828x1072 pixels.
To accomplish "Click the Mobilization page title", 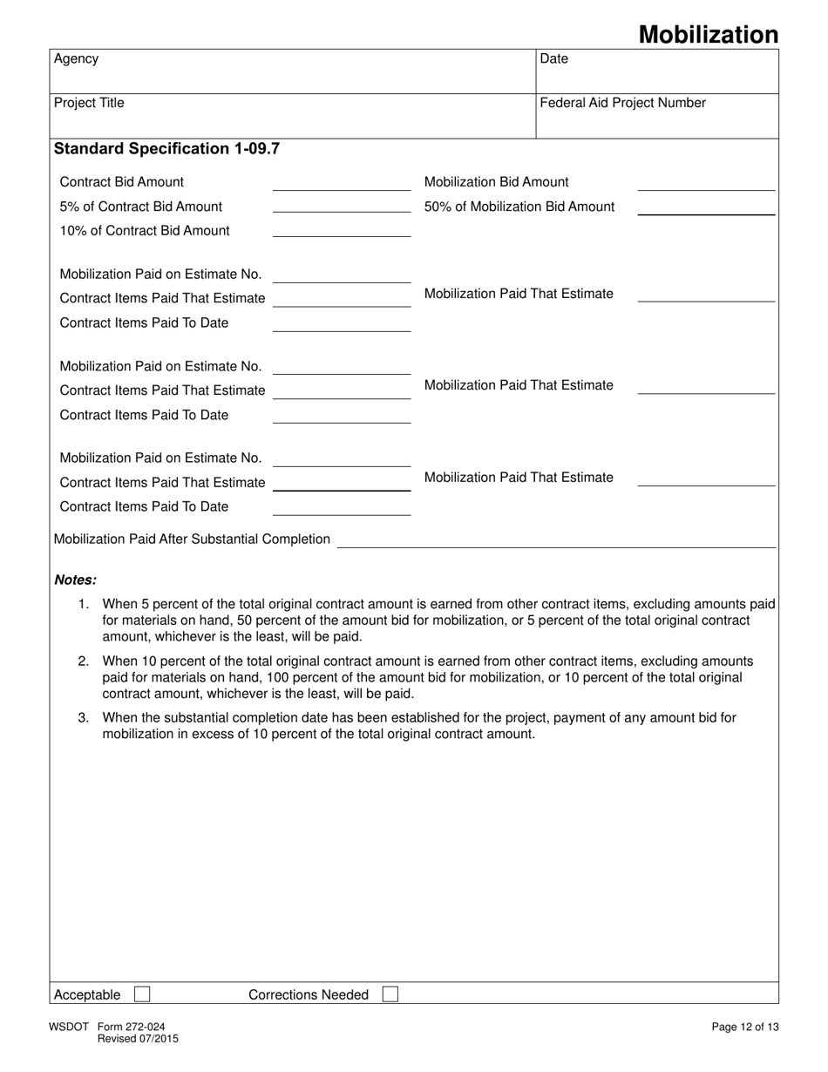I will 708,34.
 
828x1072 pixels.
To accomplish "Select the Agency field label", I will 76,59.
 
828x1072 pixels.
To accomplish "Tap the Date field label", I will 553,59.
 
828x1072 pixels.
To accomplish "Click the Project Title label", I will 89,103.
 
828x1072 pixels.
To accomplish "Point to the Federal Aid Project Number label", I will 622,103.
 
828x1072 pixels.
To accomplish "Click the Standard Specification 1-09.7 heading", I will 166,148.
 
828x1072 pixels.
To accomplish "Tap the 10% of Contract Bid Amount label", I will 145,231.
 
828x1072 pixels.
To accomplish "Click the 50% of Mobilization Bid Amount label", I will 519,207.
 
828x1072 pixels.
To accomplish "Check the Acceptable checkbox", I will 142,994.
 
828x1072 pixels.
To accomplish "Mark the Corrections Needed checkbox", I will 390,994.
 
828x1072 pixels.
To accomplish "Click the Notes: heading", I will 75,580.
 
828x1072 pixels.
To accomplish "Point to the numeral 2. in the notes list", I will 84,662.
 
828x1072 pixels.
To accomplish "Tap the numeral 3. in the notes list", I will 84,718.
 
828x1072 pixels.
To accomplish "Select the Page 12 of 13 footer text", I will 745,1028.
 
